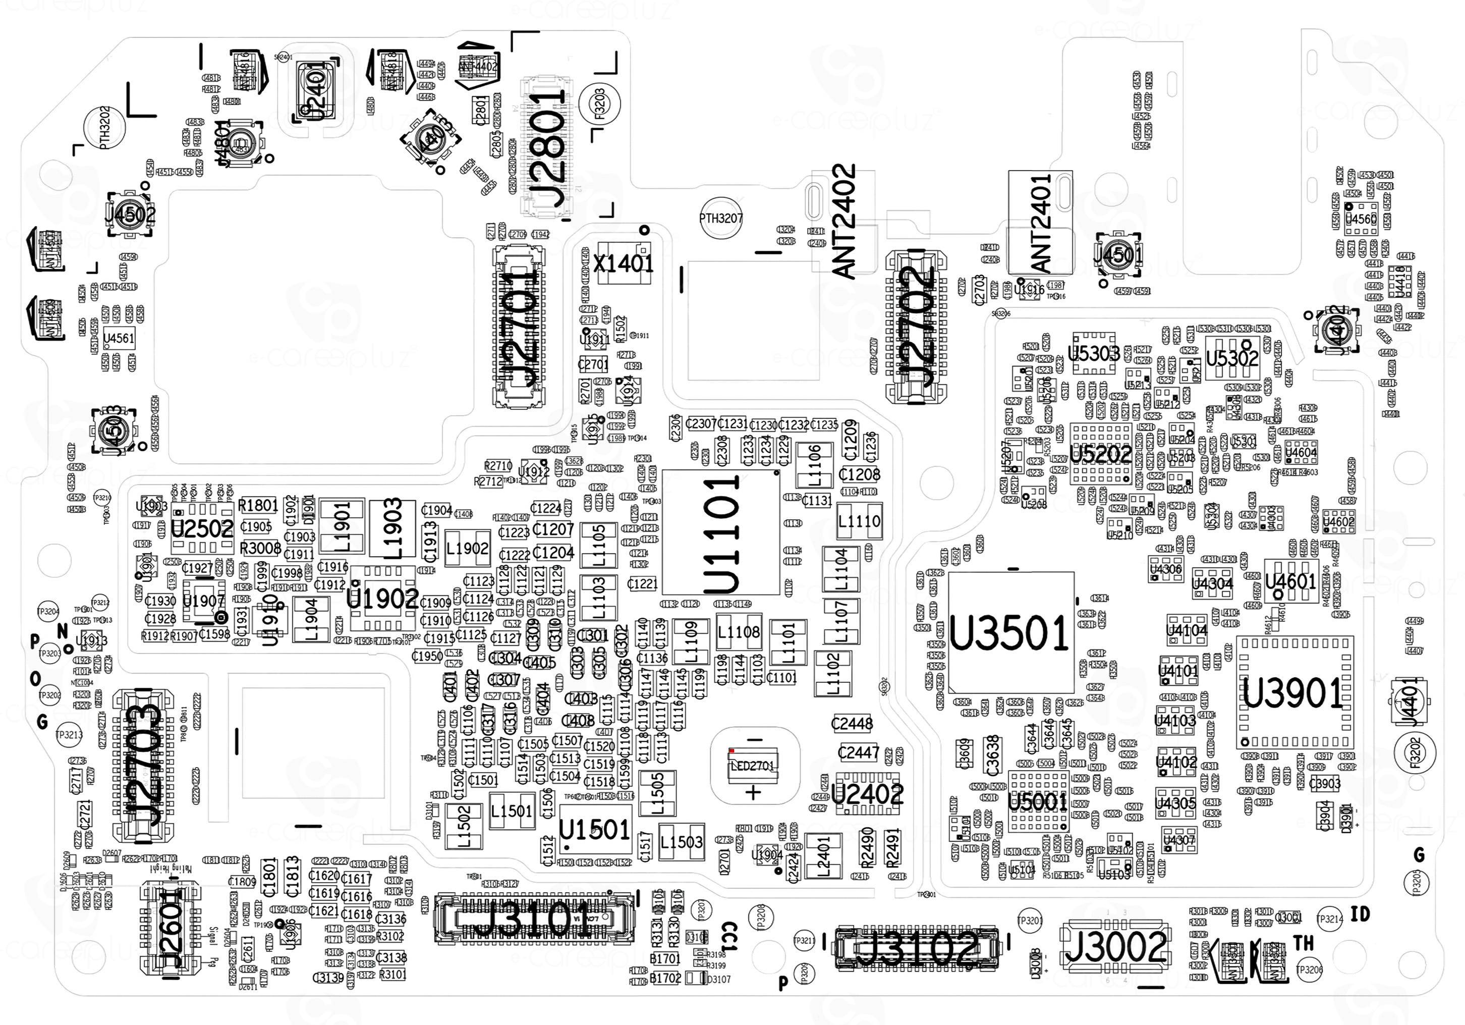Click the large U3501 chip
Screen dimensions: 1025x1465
click(x=1010, y=632)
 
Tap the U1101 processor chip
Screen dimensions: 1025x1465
click(x=721, y=533)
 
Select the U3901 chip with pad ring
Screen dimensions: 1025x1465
click(x=1294, y=692)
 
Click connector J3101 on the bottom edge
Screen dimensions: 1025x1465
click(x=534, y=919)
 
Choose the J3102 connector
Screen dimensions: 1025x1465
click(x=916, y=946)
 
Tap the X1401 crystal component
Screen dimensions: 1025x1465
click(x=624, y=262)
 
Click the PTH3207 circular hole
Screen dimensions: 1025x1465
click(x=721, y=219)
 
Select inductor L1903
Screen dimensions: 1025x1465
click(x=392, y=528)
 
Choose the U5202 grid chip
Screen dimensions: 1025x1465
click(x=1101, y=454)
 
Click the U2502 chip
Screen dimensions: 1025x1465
click(x=202, y=528)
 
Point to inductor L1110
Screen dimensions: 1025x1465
click(x=859, y=521)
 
